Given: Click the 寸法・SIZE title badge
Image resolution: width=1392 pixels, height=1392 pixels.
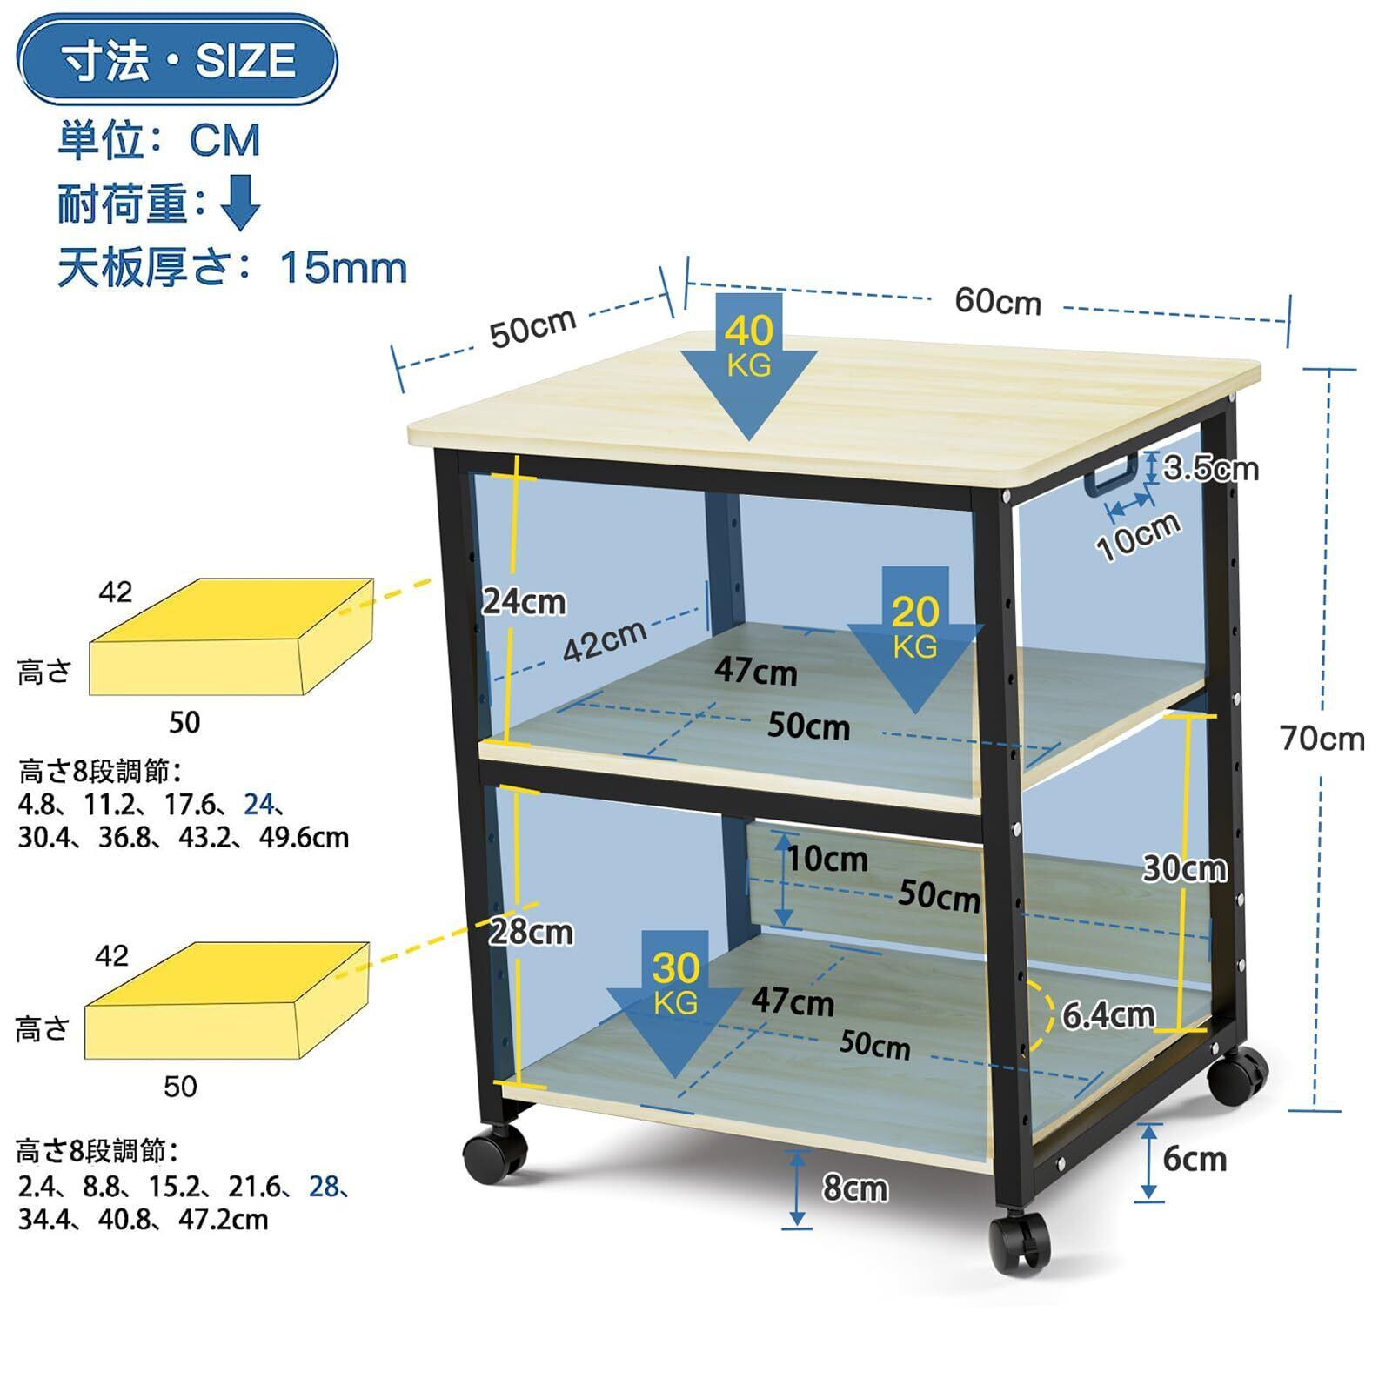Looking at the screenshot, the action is (177, 60).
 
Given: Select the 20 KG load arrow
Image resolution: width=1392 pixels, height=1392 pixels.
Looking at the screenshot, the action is (915, 635).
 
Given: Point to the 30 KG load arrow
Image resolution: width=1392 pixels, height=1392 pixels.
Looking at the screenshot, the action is (675, 1000).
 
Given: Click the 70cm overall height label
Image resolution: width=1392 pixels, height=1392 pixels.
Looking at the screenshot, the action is (1322, 739).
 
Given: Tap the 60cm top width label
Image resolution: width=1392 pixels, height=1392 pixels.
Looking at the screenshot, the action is (998, 301).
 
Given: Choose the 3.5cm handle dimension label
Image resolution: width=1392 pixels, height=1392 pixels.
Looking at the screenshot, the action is (1211, 468).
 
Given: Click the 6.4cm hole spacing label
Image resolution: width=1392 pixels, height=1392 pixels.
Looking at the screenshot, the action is (1108, 1014).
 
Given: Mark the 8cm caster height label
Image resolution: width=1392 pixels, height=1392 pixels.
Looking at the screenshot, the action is (855, 1188).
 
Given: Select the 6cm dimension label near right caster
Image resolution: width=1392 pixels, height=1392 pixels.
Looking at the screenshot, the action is (1195, 1159).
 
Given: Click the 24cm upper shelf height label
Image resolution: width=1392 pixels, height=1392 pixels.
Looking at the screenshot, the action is (524, 601).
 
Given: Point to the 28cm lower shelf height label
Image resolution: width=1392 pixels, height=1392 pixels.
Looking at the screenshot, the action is (531, 932).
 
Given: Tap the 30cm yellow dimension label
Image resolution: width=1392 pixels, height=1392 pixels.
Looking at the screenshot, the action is (1184, 867).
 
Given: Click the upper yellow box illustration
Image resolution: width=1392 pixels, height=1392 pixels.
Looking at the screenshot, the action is (231, 637).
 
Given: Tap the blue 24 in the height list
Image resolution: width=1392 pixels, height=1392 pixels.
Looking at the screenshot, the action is (258, 804).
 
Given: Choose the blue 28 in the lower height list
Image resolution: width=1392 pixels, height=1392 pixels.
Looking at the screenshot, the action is (324, 1186).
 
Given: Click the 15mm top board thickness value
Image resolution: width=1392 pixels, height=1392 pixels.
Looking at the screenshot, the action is (343, 267).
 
